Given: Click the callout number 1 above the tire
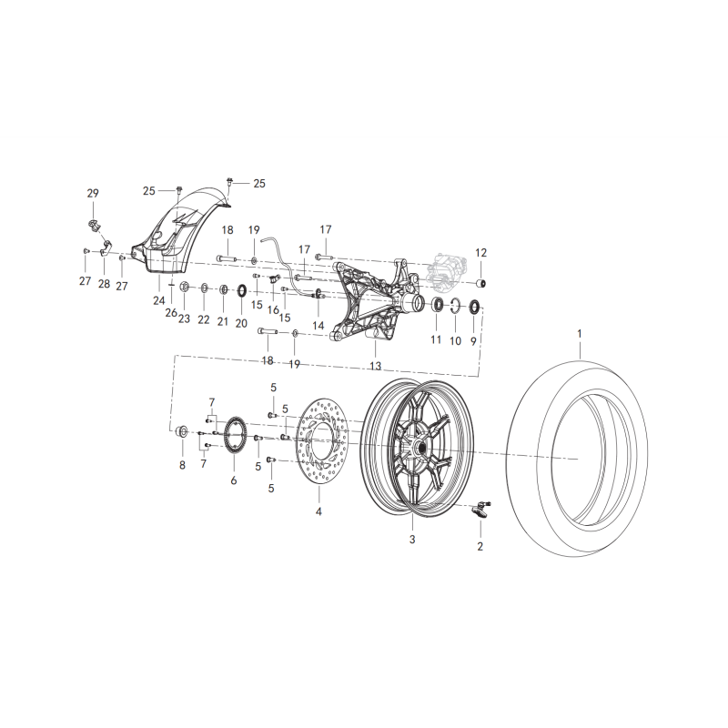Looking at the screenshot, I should point(578,335).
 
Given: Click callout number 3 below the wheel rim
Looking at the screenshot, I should point(411,540).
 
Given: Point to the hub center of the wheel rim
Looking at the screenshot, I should point(421,450).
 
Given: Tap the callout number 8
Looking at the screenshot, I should point(182,465).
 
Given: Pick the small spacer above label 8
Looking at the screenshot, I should point(182,431).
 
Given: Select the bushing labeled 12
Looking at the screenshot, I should point(482,278).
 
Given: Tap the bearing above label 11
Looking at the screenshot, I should point(437,303).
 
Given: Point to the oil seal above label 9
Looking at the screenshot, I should point(473,304).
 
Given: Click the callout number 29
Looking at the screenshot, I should point(92,193).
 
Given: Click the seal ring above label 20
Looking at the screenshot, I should point(242,290).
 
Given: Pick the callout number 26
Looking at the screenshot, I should point(170,312).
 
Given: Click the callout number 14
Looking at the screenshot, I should point(318,325).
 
